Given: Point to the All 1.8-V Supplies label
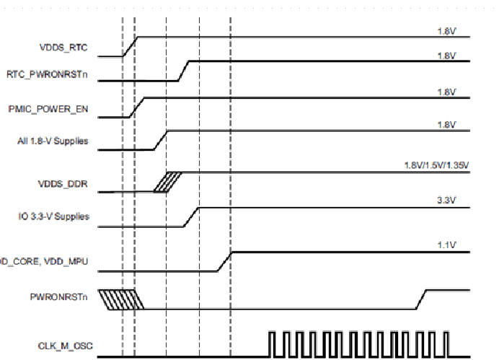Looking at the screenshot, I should click(53, 141).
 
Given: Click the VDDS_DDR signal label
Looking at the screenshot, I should click(63, 185).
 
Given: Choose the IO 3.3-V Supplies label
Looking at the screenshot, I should click(53, 216).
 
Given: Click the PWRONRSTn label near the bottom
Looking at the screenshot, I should click(59, 296).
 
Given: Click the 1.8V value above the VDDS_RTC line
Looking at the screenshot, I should click(447, 31).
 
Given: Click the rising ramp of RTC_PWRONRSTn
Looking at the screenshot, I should click(184, 71).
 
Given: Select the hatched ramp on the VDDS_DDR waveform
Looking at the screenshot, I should click(167, 182).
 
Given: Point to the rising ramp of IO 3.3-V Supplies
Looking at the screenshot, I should click(191, 216).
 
